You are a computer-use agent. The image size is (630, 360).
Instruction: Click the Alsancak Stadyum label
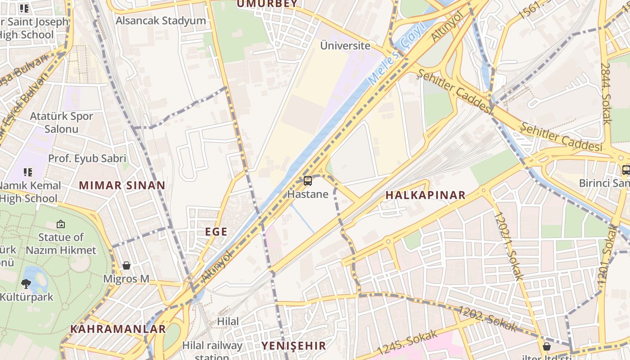(161, 21)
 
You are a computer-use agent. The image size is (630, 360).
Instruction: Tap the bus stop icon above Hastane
(308, 181)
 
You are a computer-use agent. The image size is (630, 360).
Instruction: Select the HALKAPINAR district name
(425, 195)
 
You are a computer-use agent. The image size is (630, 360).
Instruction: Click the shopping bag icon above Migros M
(126, 265)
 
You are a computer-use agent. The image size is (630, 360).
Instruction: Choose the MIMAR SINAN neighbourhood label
(122, 185)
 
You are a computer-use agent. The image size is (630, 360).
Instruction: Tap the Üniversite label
(345, 45)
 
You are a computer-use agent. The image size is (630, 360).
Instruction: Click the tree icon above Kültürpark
(26, 283)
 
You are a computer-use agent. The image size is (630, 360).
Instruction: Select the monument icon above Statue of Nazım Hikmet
(61, 224)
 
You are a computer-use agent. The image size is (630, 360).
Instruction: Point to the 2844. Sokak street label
(606, 93)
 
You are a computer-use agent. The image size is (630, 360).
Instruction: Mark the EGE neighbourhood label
(216, 232)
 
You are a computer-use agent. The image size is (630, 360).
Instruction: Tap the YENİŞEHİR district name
(293, 346)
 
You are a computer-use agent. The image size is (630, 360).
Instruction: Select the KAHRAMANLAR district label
(118, 329)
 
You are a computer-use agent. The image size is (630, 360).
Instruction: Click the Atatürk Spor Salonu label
(61, 122)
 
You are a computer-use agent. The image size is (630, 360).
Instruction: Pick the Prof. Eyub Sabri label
(87, 158)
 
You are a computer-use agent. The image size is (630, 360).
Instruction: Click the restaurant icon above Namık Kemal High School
(28, 172)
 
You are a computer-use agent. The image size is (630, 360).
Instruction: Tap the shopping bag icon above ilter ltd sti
(546, 346)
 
